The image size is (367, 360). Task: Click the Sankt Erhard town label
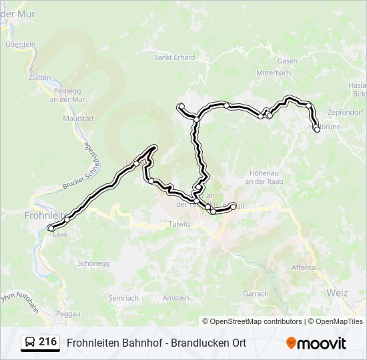point(174,57)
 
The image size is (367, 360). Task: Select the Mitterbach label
point(274,73)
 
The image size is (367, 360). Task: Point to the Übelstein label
point(20,44)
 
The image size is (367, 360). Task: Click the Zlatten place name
point(39,77)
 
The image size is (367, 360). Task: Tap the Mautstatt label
point(77,118)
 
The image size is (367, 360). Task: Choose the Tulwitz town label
point(179,225)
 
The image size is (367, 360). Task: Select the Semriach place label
point(123,297)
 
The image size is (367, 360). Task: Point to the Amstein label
point(176,297)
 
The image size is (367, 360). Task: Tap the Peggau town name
point(68,313)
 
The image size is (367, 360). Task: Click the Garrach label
point(256,293)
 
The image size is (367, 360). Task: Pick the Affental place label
point(304,267)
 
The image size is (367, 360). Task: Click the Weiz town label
point(338,292)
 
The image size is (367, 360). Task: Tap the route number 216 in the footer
point(47,342)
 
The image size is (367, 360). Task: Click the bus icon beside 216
point(30,343)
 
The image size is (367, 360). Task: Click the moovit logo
point(316,343)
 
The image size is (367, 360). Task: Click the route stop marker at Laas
point(51,229)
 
